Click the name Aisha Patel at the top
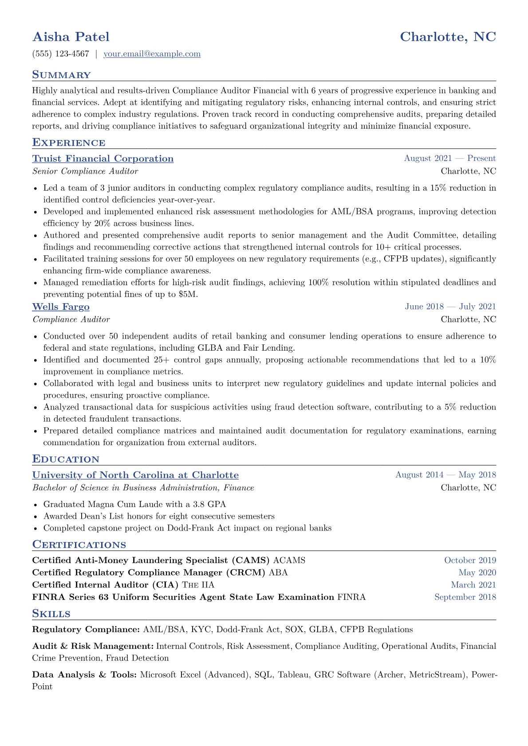(x=71, y=37)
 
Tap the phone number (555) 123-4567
(x=61, y=54)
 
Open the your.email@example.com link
(x=152, y=54)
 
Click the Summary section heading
(x=61, y=75)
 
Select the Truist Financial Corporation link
(x=103, y=159)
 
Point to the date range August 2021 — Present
(x=449, y=159)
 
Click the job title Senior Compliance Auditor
(x=85, y=171)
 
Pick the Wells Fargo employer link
(x=61, y=307)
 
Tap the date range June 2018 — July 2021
(x=450, y=307)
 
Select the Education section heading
(x=66, y=459)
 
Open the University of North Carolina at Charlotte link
(x=135, y=475)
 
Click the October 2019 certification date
(x=470, y=560)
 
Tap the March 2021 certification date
(x=473, y=585)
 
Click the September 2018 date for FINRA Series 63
(x=465, y=597)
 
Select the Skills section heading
(x=51, y=614)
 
